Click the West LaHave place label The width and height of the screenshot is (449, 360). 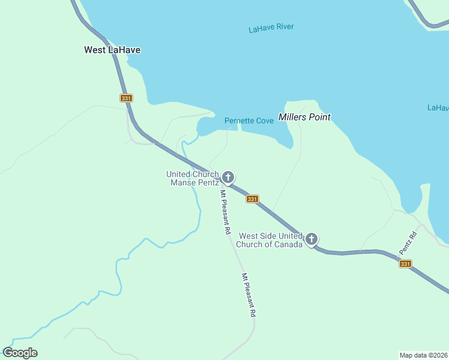click(112, 50)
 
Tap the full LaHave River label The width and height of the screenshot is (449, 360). click(271, 28)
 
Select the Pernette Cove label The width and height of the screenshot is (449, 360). click(249, 121)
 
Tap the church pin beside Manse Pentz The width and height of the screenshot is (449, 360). click(228, 177)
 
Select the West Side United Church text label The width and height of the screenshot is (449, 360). click(271, 240)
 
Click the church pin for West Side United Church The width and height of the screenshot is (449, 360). click(312, 239)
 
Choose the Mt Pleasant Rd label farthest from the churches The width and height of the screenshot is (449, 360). click(249, 295)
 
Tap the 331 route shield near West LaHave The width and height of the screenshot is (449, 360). click(125, 98)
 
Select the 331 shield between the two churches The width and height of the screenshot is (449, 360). click(252, 199)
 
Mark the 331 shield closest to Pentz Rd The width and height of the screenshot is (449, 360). click(405, 263)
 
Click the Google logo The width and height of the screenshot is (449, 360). click(20, 353)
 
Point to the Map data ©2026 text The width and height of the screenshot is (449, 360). click(424, 355)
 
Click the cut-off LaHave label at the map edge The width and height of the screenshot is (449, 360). click(438, 108)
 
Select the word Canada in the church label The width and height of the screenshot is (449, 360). click(288, 244)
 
